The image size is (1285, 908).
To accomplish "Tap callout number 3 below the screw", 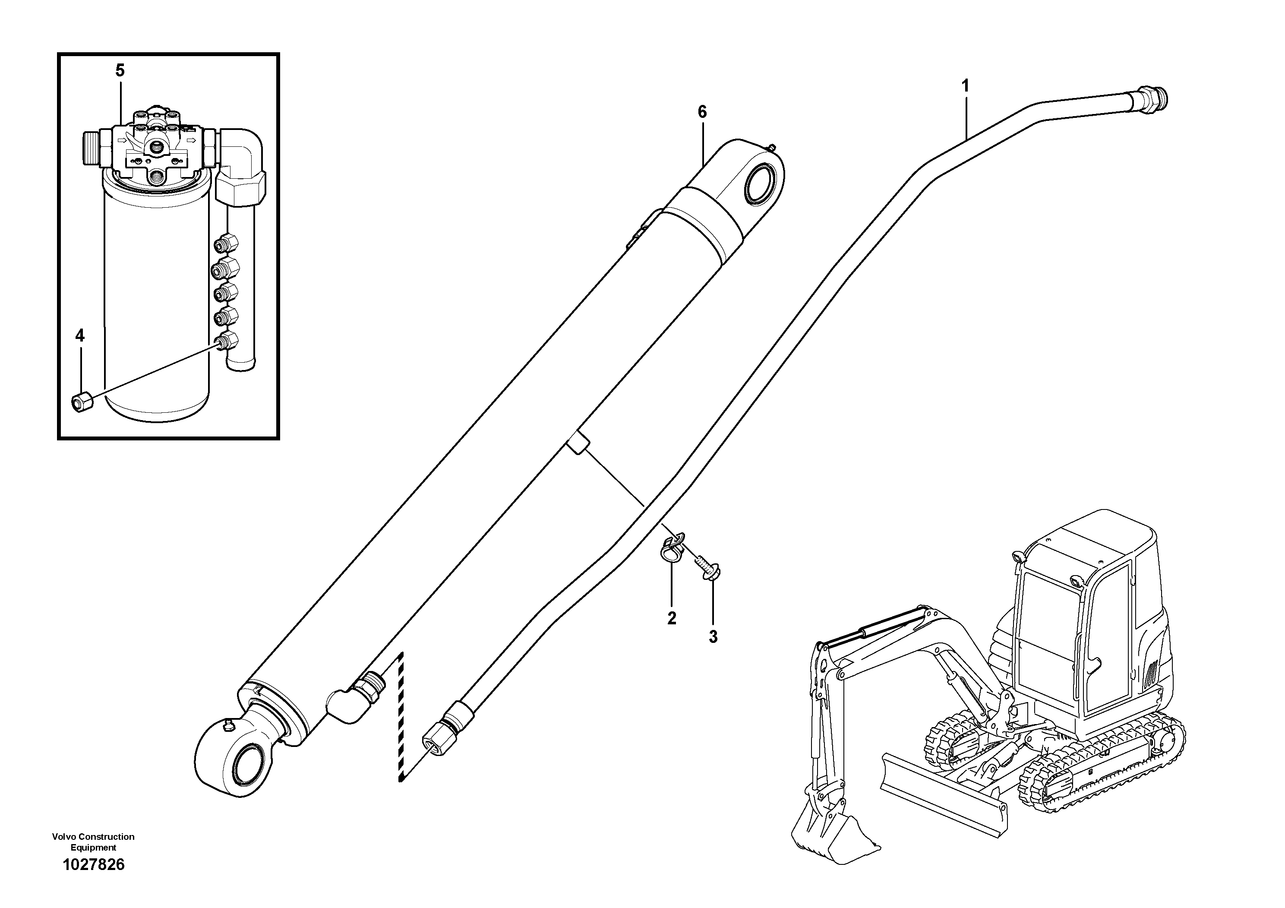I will click(x=713, y=636).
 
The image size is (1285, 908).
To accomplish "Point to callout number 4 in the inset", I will click(x=80, y=336).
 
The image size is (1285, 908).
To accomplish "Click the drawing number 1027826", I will click(x=94, y=865).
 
